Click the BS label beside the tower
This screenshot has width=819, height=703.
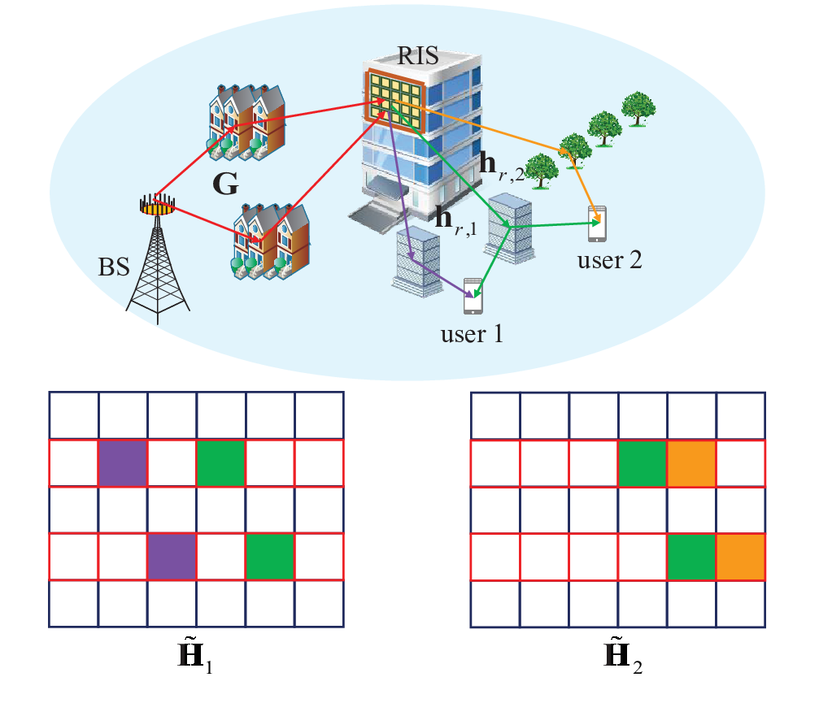click(x=114, y=267)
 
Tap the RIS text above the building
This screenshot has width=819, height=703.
click(x=417, y=55)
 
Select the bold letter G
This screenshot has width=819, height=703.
click(x=225, y=184)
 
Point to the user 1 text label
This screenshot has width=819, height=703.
click(x=472, y=334)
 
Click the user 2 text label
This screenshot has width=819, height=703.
click(x=609, y=260)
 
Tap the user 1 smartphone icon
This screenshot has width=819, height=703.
click(x=473, y=296)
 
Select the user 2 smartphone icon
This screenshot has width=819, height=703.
click(x=597, y=223)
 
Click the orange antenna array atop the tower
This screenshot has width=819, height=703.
click(x=157, y=207)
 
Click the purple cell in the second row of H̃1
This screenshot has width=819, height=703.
click(x=123, y=463)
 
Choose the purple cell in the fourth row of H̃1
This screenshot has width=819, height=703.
click(x=172, y=557)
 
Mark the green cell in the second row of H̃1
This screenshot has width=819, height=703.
click(x=221, y=463)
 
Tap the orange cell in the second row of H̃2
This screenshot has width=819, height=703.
click(x=692, y=463)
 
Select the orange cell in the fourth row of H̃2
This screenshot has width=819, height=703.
click(x=741, y=557)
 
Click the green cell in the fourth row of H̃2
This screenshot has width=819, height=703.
click(x=691, y=557)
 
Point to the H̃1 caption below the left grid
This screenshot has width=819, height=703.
click(x=195, y=656)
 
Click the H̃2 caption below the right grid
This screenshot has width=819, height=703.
click(x=623, y=656)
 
